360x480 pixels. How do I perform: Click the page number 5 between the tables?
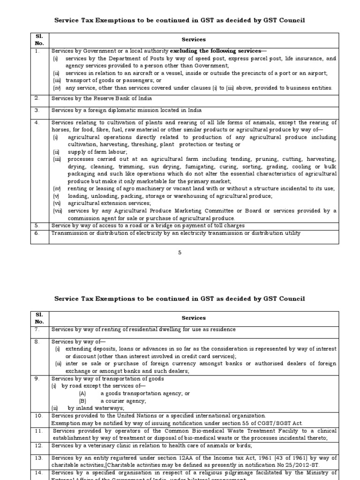179,253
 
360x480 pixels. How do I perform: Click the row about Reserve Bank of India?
102,98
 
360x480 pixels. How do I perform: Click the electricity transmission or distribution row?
176,233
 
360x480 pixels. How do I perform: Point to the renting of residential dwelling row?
143,330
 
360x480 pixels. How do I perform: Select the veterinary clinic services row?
145,445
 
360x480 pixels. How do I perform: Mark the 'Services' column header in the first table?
194,40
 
